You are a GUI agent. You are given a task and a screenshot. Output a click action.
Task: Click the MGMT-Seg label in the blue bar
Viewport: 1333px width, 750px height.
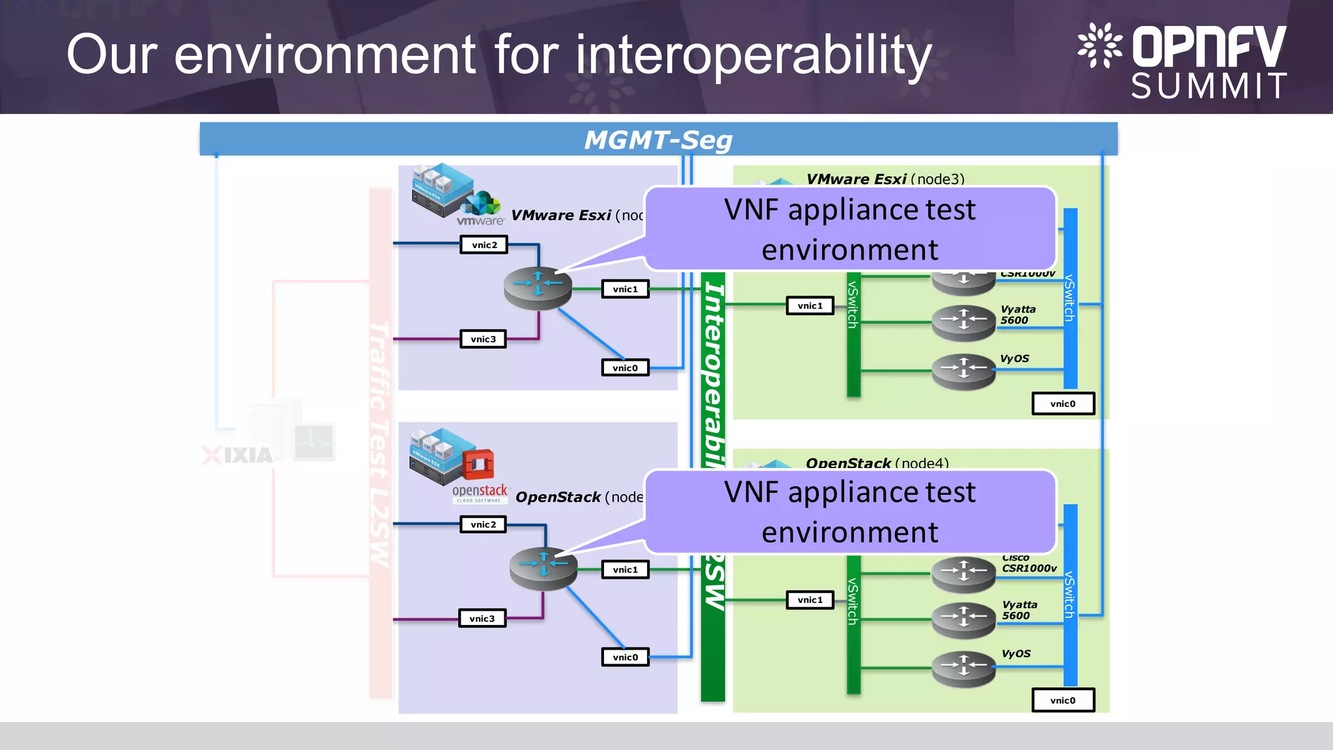(x=658, y=140)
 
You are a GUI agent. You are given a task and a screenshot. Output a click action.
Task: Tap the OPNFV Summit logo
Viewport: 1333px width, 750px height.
(x=1182, y=61)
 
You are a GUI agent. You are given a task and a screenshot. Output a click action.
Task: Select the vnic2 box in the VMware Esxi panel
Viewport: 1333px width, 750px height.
(x=484, y=245)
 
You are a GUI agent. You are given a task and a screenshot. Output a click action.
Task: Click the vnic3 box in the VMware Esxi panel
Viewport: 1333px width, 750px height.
(x=483, y=339)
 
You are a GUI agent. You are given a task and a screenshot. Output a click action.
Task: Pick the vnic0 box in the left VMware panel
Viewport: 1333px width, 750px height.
(x=625, y=368)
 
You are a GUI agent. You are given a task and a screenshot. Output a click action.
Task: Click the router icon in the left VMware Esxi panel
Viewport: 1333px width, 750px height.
(x=538, y=287)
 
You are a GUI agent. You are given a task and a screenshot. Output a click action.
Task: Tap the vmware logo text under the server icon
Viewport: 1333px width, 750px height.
(x=480, y=221)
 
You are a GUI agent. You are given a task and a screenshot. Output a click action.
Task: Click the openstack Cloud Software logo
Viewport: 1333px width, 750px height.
(x=480, y=493)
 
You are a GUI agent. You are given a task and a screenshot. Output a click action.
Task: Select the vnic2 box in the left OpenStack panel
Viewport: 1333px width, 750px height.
(x=483, y=525)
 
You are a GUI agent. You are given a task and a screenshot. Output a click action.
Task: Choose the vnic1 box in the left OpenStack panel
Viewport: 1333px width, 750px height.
(x=625, y=570)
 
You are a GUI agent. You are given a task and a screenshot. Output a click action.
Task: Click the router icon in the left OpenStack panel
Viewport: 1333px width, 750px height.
(x=543, y=568)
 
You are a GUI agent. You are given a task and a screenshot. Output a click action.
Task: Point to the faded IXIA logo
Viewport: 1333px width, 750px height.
(x=238, y=455)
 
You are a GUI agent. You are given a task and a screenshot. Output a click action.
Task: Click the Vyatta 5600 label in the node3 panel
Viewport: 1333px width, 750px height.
(x=1018, y=314)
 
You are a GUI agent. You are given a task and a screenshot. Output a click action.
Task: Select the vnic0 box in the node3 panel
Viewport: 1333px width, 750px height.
(x=1063, y=404)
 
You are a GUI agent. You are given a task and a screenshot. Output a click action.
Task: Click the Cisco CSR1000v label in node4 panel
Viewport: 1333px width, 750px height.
(x=1028, y=564)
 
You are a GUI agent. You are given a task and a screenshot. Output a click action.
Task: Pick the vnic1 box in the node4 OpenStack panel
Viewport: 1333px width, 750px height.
(x=810, y=600)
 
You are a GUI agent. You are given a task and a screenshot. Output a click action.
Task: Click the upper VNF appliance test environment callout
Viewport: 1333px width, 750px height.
(x=849, y=229)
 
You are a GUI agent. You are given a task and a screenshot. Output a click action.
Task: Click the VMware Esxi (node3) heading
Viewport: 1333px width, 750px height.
(x=885, y=179)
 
